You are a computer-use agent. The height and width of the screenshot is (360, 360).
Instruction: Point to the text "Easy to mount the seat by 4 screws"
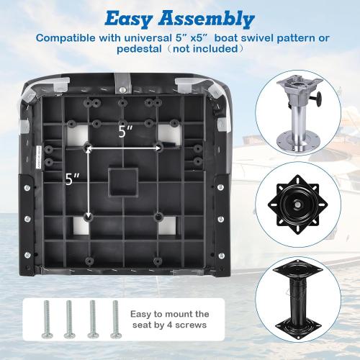[171, 320]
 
